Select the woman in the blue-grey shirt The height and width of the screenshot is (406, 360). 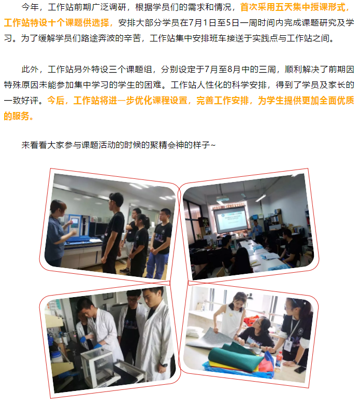(x=56, y=232)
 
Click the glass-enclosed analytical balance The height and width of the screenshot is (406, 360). (x=97, y=366)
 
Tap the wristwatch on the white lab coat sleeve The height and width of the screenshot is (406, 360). (x=164, y=365)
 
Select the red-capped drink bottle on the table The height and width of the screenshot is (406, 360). (x=279, y=359)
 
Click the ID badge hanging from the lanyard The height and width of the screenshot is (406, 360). (x=287, y=345)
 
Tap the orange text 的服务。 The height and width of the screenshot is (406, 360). (x=19, y=116)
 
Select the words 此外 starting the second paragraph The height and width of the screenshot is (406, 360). (x=30, y=69)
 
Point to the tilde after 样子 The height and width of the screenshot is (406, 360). (x=213, y=145)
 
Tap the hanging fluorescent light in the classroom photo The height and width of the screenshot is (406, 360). (x=261, y=198)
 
